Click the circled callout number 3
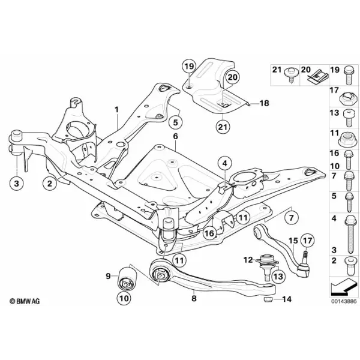click(17, 184)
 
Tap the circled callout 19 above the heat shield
click(190, 67)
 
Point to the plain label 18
click(264, 103)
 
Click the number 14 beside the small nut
click(287, 299)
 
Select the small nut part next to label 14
click(267, 299)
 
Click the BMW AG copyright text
click(25, 301)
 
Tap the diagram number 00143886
click(344, 301)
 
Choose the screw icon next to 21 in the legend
click(290, 74)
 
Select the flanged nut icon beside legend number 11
click(348, 139)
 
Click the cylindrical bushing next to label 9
click(127, 278)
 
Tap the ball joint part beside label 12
click(268, 267)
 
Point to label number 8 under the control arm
click(194, 298)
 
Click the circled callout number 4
click(224, 163)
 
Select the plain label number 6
click(175, 136)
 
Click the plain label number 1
click(117, 110)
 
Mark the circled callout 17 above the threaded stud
click(308, 241)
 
